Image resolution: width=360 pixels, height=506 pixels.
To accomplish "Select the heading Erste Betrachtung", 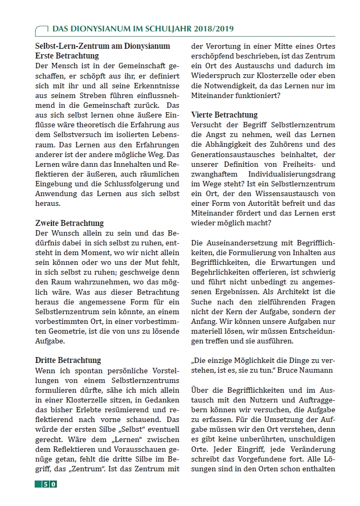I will (67, 56).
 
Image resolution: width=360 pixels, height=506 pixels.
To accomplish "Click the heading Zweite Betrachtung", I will (69, 223).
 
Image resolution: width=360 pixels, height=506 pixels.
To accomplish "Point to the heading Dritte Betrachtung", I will (68, 360).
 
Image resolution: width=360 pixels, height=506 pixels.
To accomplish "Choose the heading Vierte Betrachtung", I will (224, 115).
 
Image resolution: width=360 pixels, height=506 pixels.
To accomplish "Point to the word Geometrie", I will (57, 331).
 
